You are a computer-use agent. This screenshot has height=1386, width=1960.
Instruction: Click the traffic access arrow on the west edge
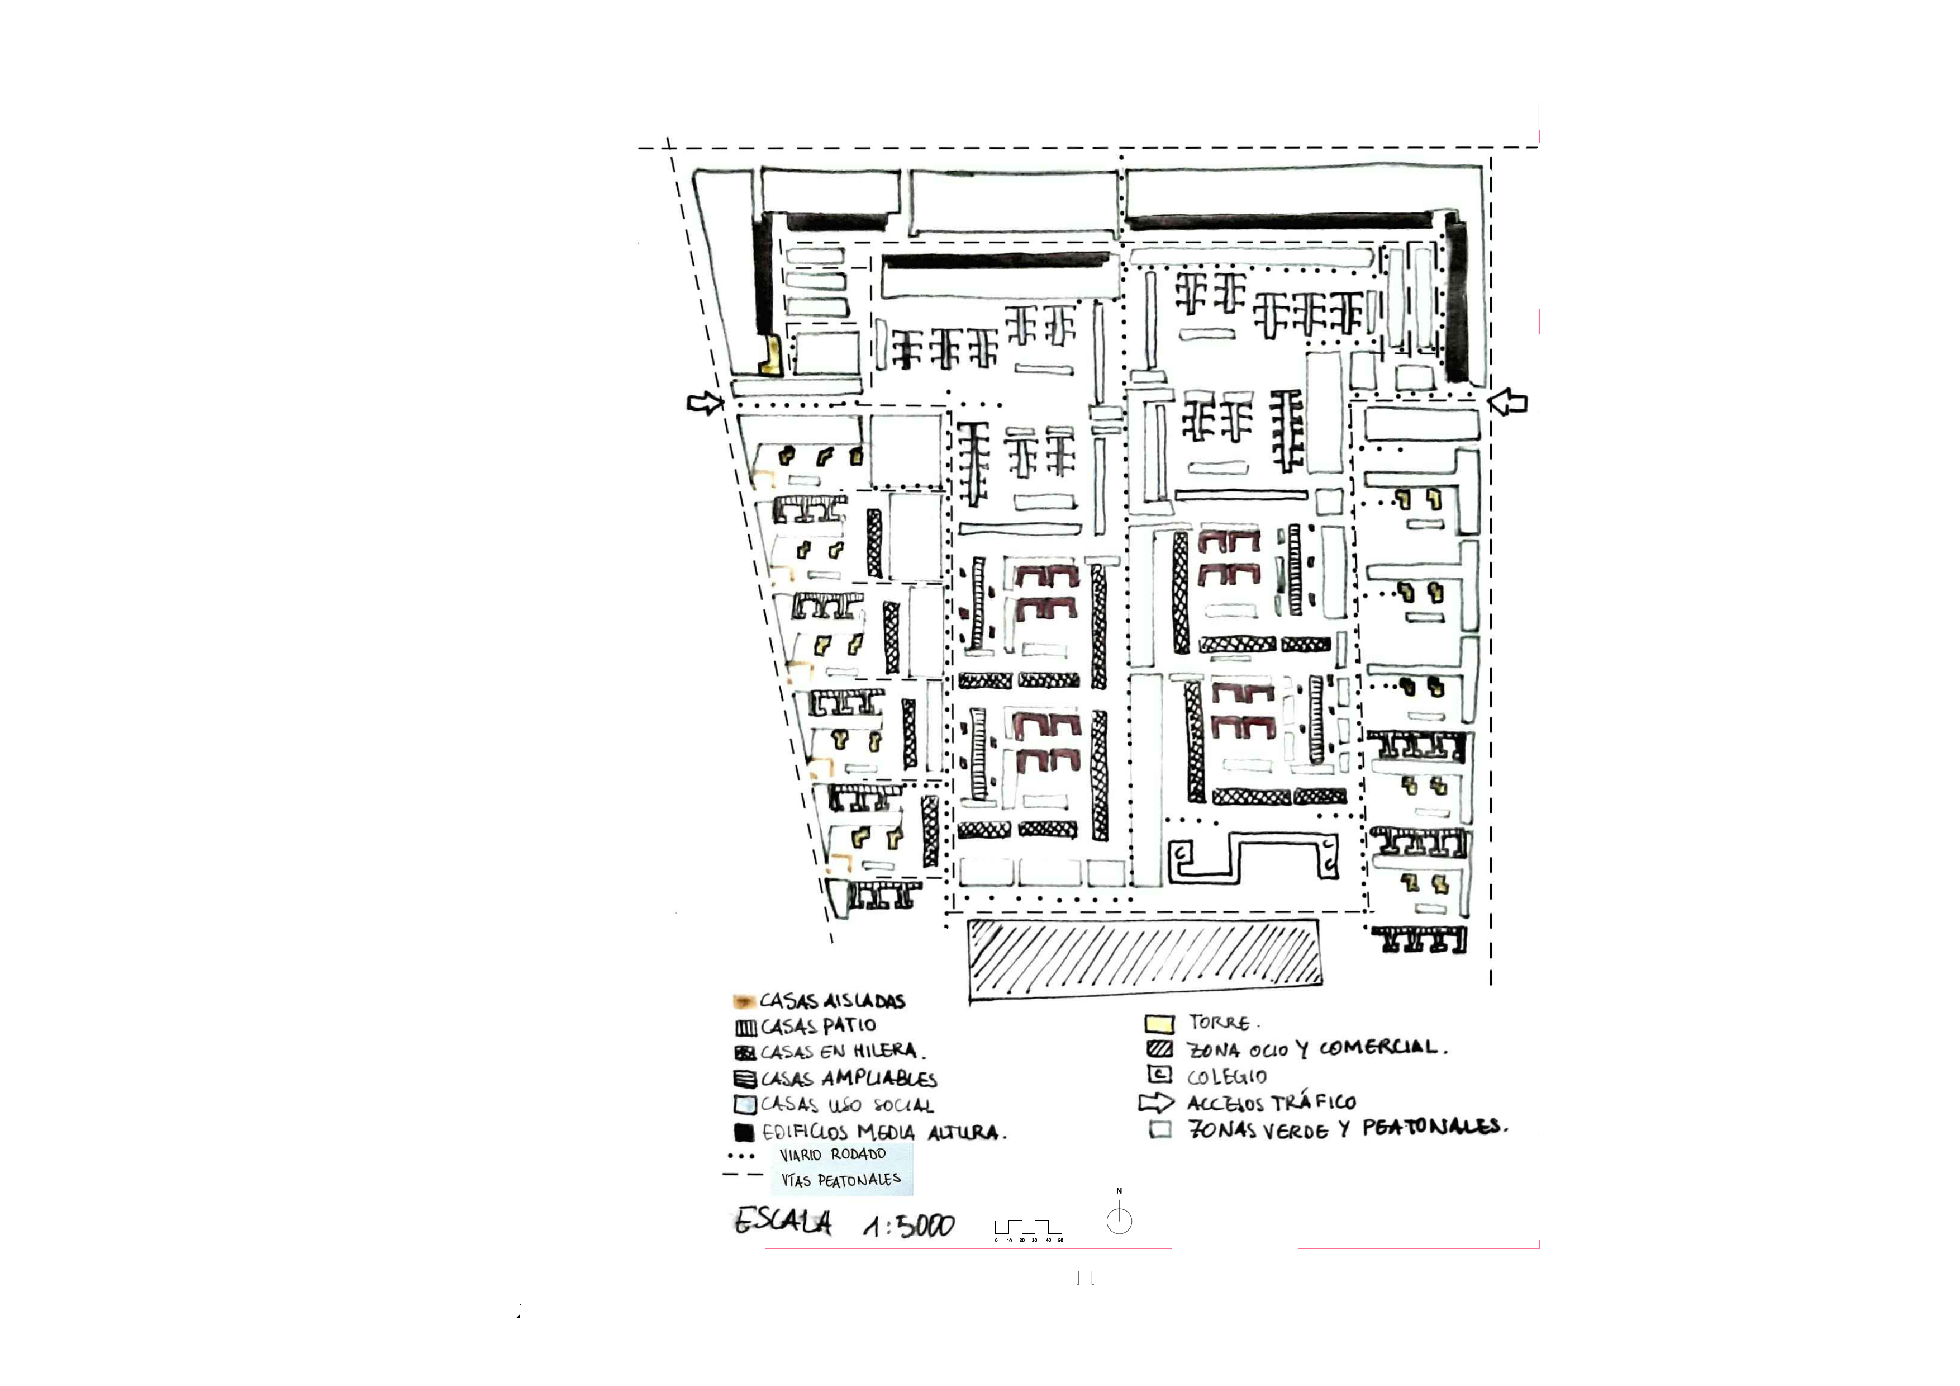coord(705,402)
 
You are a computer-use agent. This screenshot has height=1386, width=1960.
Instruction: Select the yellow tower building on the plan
coord(173,356)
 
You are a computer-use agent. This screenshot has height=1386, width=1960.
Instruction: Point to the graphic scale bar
coord(1029,1229)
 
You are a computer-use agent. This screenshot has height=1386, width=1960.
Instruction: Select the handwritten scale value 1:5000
coord(908,1226)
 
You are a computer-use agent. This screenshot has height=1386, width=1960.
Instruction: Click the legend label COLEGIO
coord(1227,1076)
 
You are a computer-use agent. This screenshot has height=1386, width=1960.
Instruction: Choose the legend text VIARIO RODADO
coord(832,1155)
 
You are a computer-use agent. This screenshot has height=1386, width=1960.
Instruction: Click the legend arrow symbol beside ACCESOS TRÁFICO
coord(1156,1103)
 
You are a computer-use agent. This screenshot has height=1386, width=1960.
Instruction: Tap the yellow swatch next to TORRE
coord(1159,1023)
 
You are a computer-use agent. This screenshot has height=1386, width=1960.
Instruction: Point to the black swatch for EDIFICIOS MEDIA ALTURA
coord(744,1132)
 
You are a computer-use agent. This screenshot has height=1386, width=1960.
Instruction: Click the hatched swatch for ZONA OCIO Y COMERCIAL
coord(1159,1049)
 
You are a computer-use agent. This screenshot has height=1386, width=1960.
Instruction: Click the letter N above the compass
coord(1119,1190)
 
